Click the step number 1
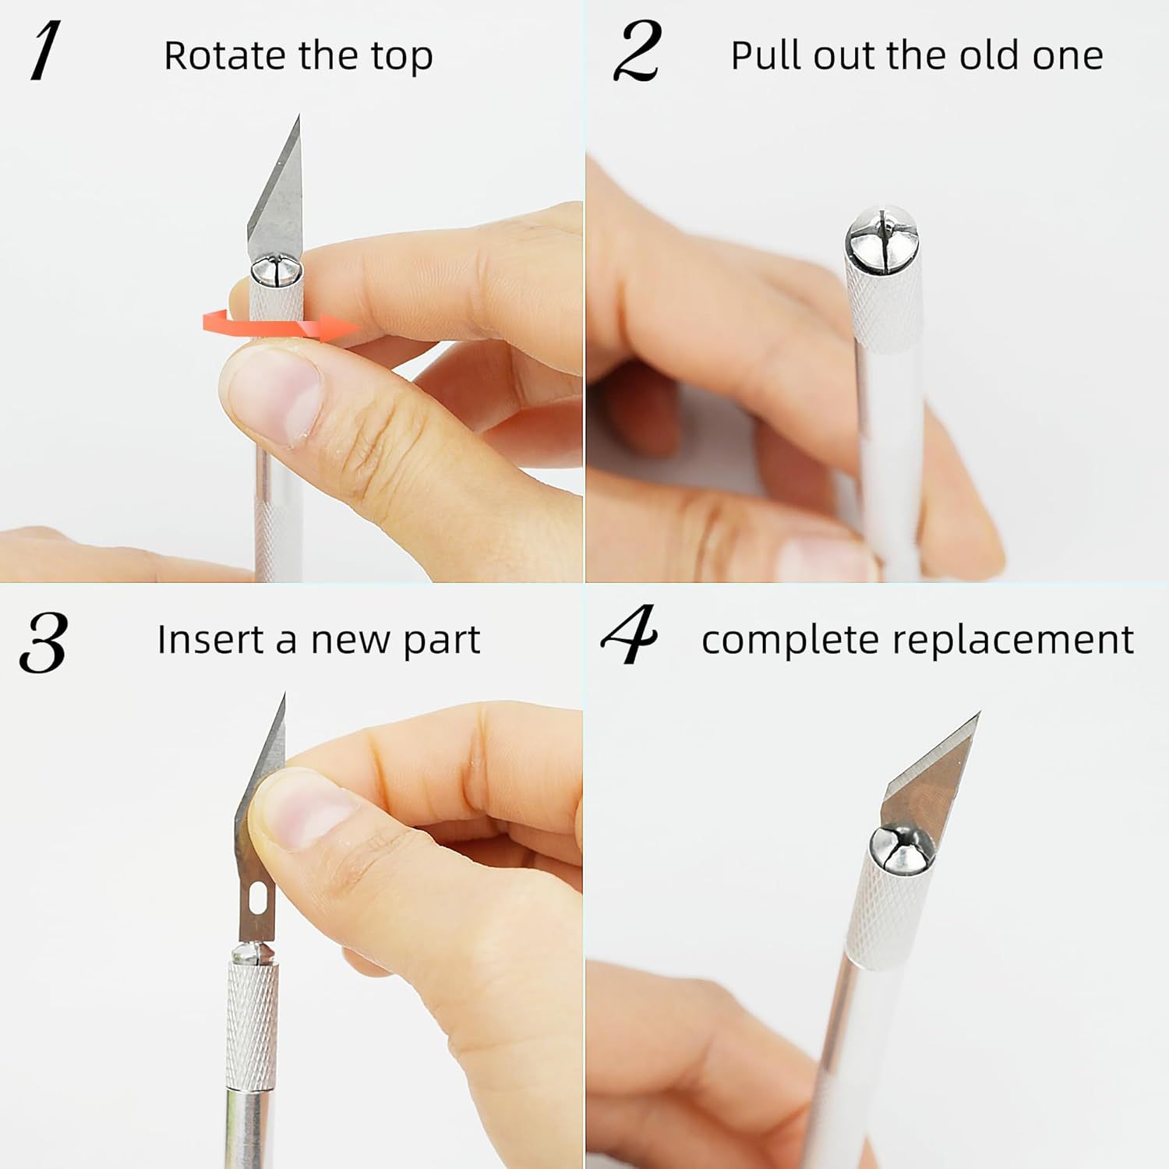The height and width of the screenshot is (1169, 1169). click(45, 51)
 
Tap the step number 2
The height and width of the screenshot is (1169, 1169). click(637, 51)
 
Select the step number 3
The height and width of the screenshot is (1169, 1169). click(44, 642)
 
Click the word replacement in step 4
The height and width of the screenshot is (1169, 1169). click(1012, 641)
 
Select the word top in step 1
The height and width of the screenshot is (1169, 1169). click(401, 58)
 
